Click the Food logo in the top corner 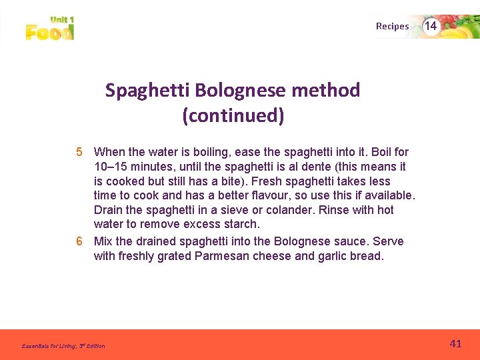tap(50, 29)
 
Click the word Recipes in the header tap(392, 27)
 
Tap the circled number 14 tap(431, 26)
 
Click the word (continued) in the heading tap(233, 116)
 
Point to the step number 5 tap(79, 152)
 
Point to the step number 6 tap(79, 241)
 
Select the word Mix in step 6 tap(103, 241)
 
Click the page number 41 tap(455, 344)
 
